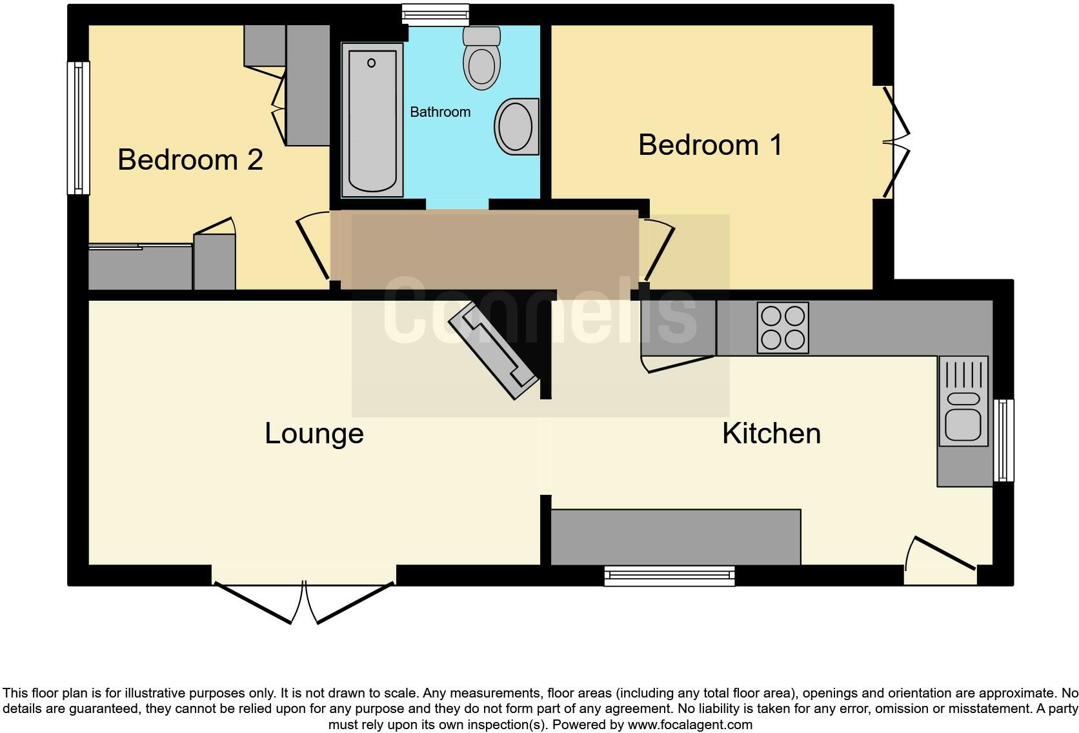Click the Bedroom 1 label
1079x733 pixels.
coord(710,145)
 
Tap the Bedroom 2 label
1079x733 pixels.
coord(190,159)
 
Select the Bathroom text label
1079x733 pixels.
coord(440,112)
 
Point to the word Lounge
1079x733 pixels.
coord(314,433)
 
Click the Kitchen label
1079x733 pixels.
coord(771,433)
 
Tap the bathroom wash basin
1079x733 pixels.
coord(516,126)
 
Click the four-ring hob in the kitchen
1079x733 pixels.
coord(783,328)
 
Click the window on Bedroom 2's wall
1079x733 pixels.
coord(79,128)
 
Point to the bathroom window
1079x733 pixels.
coord(435,14)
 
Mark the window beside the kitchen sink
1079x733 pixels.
coord(1003,441)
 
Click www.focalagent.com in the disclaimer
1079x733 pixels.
coord(690,725)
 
